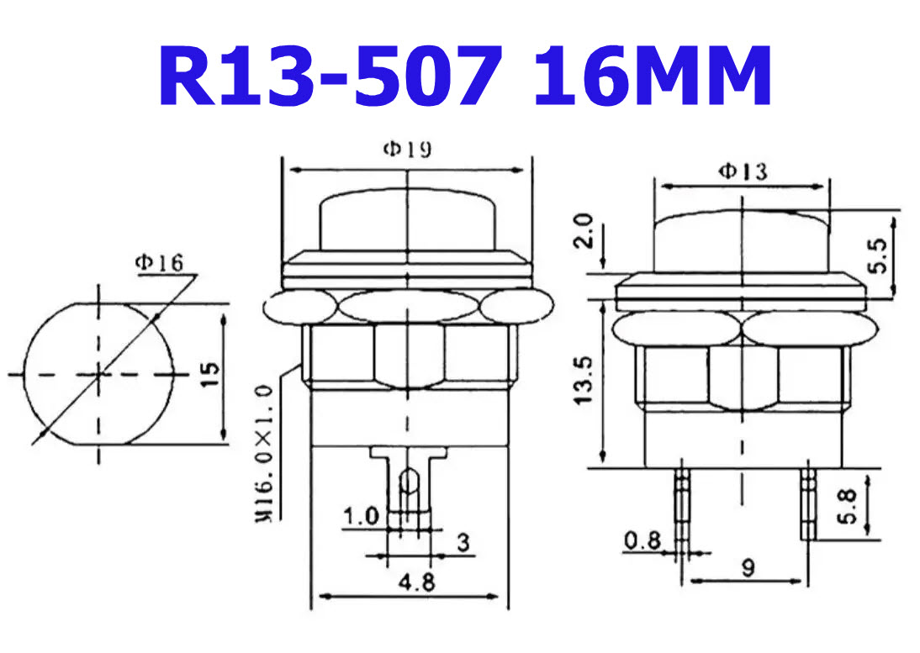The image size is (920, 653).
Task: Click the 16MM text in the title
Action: (x=653, y=76)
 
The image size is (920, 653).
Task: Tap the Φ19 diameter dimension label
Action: (x=407, y=150)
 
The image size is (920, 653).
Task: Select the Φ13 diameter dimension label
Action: (x=742, y=171)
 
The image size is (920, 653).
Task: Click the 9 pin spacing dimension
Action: (x=748, y=568)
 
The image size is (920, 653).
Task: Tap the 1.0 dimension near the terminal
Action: (x=362, y=514)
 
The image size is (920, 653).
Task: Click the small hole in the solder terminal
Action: (x=408, y=481)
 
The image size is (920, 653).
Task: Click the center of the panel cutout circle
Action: (x=100, y=372)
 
